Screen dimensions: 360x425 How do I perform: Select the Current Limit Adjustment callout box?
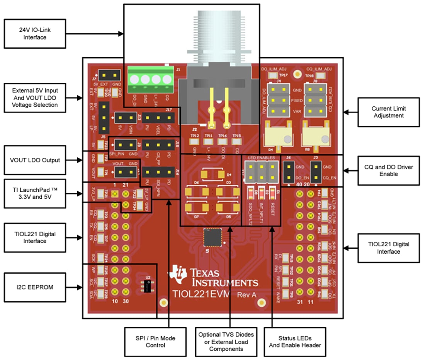click(388, 112)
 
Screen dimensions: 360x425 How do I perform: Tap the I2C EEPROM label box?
click(34, 287)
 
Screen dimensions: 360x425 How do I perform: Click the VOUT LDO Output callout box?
click(34, 160)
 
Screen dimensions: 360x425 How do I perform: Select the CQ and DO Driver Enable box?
click(388, 171)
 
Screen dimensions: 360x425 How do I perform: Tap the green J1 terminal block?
click(151, 79)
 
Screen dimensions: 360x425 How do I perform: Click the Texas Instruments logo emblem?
click(178, 273)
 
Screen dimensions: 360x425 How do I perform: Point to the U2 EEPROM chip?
click(147, 287)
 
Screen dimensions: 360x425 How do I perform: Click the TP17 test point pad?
click(273, 76)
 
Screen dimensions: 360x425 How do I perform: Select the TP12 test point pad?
click(195, 142)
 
